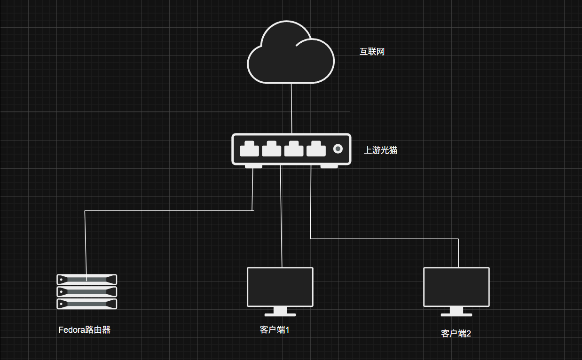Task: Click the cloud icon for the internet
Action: (x=291, y=54)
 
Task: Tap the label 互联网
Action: (x=372, y=52)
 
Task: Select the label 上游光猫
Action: (x=380, y=150)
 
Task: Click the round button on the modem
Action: (x=338, y=149)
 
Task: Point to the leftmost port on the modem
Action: (x=249, y=149)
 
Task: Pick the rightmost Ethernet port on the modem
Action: (x=316, y=149)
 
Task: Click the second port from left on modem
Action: (x=271, y=149)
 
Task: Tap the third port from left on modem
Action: (x=294, y=149)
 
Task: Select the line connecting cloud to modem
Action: (x=291, y=108)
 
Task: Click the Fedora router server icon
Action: (x=87, y=291)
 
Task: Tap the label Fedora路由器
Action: (x=85, y=330)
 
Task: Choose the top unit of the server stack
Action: (x=87, y=279)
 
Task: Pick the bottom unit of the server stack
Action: (x=87, y=304)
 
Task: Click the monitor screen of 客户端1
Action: (x=280, y=287)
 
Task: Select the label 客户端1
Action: (x=275, y=330)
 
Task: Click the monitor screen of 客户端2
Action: (x=456, y=287)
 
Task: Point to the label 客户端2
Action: (x=456, y=334)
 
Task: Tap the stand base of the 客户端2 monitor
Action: (x=456, y=314)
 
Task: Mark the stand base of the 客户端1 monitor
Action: (x=280, y=314)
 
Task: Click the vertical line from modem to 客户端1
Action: (x=281, y=216)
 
